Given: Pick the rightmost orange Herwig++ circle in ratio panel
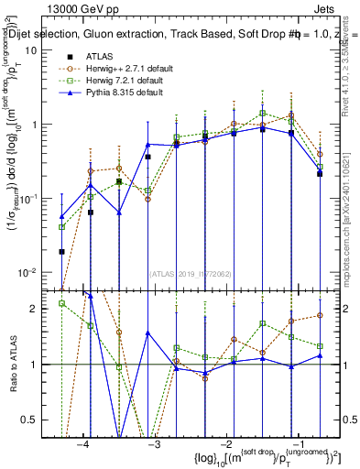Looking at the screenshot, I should pyautogui.click(x=320, y=315).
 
